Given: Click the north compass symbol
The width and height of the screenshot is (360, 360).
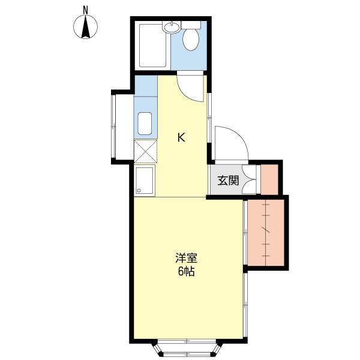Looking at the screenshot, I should point(86,26).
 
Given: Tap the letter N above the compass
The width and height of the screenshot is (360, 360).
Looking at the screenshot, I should point(86,9).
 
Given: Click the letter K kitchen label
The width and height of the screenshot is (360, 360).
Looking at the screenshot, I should point(181,137).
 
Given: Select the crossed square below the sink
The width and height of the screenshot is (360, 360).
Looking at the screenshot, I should point(145,151).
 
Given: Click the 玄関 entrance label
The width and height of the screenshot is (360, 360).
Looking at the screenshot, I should point(227,179).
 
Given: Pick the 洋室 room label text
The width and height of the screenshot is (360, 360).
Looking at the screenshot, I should point(186,259).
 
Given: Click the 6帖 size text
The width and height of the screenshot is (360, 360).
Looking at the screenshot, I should point(186,271).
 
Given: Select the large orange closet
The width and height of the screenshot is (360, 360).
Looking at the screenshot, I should point(266,231).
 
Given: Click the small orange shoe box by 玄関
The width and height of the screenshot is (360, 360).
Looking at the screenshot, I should point(269,178).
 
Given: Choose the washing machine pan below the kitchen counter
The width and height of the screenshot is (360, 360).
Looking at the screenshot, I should point(145,180).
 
